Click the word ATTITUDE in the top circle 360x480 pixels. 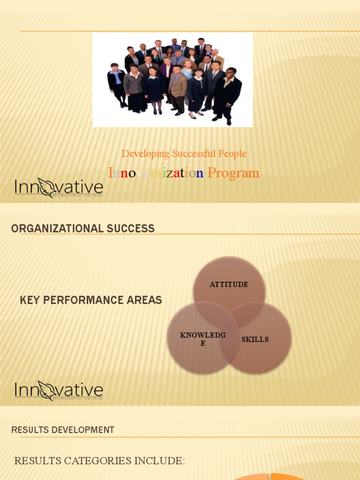coord(229,285)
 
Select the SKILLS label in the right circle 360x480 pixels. coord(255,339)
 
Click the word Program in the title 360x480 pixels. coord(233,173)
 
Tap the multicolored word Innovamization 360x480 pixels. coord(156,173)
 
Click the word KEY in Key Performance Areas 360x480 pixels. coord(29,300)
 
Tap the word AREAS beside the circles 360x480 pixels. coord(145,300)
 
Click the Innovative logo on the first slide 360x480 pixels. coord(59,187)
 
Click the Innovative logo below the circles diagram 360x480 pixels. coord(59,390)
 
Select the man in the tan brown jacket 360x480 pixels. coord(178,89)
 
